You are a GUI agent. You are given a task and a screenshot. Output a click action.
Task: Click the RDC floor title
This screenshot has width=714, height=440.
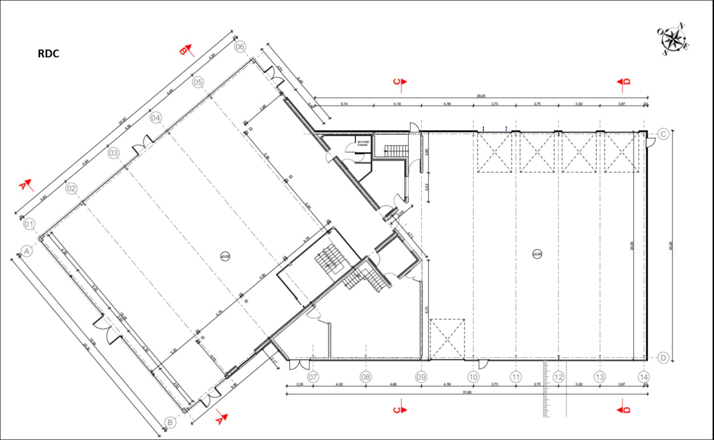click(49, 54)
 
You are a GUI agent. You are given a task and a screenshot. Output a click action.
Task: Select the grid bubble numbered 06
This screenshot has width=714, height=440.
click(240, 46)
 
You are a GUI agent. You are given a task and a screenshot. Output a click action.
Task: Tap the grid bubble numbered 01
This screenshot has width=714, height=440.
click(29, 224)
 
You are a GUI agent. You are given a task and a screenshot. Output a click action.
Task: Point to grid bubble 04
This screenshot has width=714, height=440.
click(155, 117)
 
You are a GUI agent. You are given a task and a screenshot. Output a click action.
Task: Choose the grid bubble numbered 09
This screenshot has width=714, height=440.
click(421, 377)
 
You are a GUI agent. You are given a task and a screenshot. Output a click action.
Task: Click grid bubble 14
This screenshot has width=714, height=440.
click(643, 377)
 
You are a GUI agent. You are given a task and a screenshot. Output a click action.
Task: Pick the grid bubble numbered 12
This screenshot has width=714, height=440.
click(558, 377)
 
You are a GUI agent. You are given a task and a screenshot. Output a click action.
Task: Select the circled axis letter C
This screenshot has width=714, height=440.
click(663, 134)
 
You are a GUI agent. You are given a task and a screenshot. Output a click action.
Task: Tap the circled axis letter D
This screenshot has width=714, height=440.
click(663, 358)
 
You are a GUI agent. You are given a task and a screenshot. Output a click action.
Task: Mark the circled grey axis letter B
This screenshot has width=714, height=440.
click(170, 423)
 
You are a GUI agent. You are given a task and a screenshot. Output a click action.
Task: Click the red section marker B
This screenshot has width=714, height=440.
click(186, 50)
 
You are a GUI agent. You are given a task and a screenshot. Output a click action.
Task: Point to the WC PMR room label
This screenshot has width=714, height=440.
click(363, 142)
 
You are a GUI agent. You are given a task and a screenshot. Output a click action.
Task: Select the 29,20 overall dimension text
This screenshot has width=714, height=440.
click(480, 96)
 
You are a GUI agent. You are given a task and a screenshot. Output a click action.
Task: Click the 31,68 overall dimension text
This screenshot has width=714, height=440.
click(467, 392)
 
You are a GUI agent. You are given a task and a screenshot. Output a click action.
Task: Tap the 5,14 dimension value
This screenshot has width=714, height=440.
click(344, 104)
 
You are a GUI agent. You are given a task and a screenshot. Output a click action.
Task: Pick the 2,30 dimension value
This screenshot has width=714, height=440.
click(300, 384)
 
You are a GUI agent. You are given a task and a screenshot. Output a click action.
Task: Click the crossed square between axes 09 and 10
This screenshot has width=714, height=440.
click(447, 340)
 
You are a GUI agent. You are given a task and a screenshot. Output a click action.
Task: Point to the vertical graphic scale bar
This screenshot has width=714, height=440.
click(546, 389)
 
